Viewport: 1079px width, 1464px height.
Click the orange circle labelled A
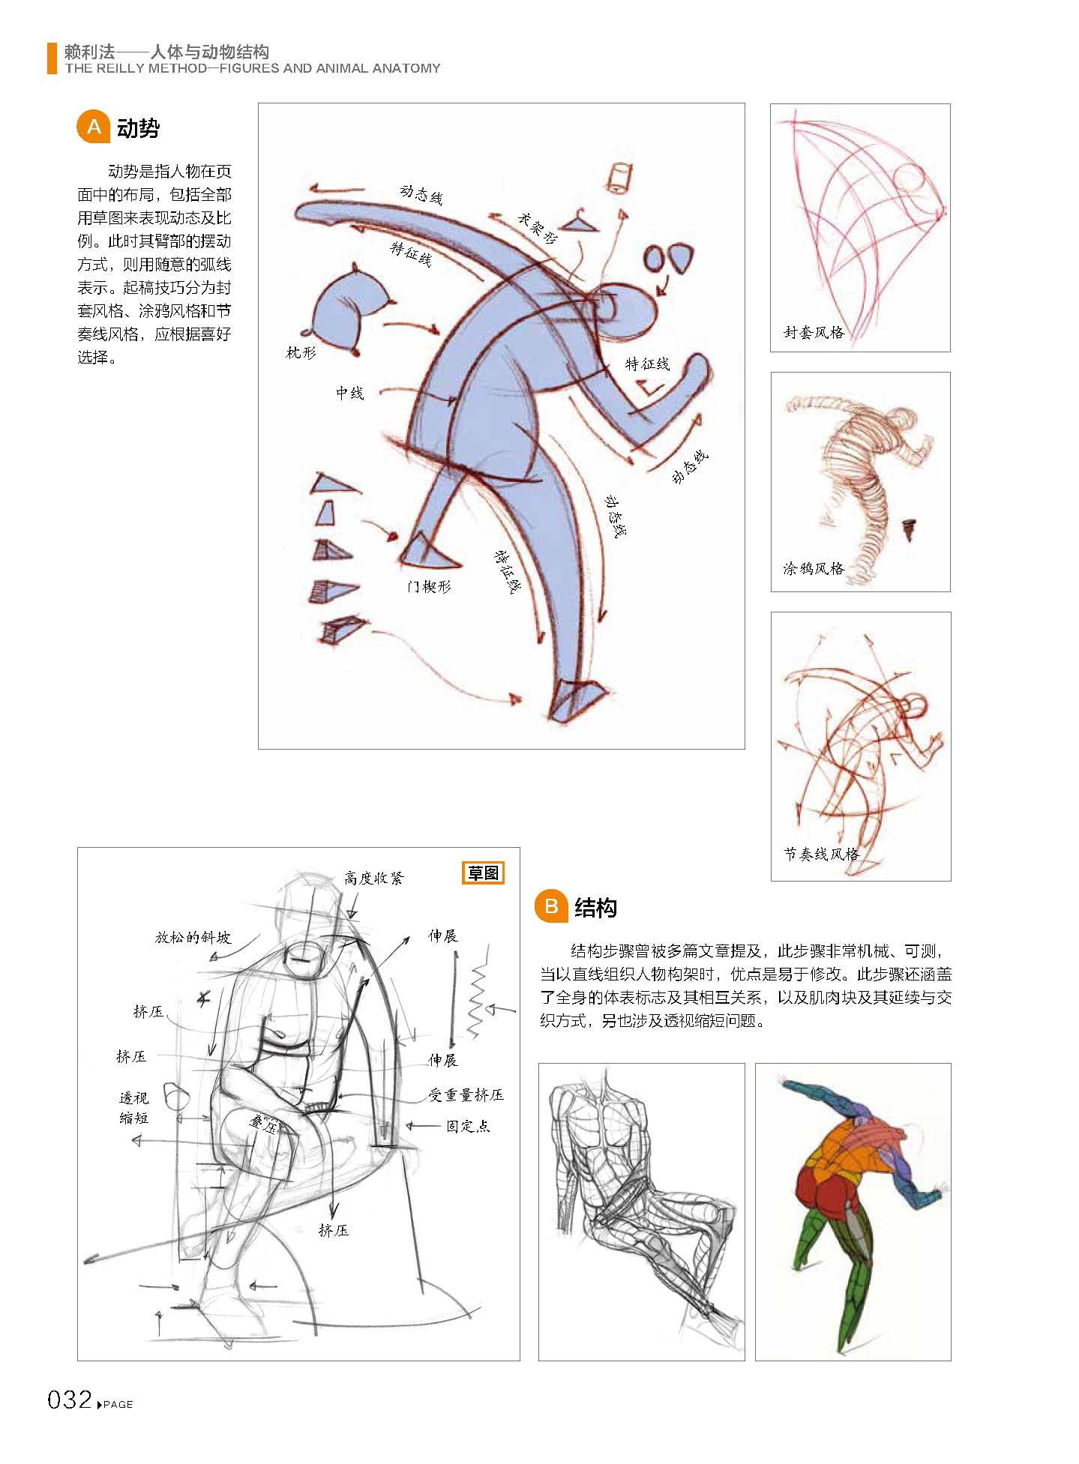click(94, 127)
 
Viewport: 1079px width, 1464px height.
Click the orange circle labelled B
click(551, 906)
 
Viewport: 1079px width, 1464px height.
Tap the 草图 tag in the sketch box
click(483, 873)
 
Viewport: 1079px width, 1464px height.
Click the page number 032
click(69, 1400)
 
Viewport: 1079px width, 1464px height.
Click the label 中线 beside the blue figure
click(349, 393)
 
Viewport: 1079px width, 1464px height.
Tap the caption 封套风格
click(814, 332)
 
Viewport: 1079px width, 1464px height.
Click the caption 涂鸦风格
click(814, 569)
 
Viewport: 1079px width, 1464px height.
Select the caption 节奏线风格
click(821, 854)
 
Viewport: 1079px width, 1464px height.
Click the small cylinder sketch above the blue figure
click(619, 178)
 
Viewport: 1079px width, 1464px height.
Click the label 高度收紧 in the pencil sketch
click(373, 878)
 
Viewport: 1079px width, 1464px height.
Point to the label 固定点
click(468, 1126)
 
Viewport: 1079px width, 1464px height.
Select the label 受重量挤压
click(466, 1095)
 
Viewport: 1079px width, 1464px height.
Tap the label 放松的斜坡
click(193, 938)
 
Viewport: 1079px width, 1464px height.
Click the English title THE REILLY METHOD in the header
click(252, 68)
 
